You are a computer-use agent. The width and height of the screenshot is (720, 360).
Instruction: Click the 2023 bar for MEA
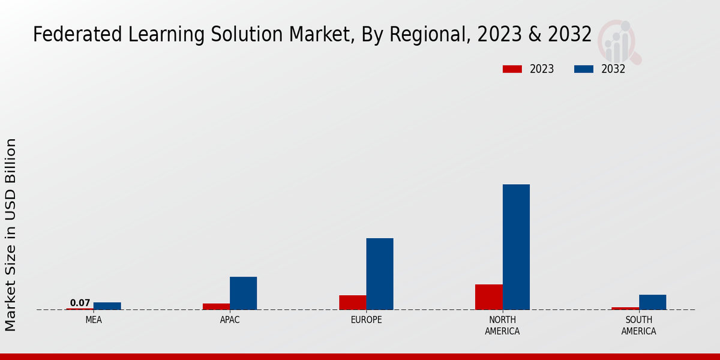80,309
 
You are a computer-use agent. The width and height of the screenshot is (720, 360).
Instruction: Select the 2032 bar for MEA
107,306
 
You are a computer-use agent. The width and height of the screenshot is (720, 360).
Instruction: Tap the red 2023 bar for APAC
216,307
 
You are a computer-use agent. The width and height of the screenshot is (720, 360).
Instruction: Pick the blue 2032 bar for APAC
243,293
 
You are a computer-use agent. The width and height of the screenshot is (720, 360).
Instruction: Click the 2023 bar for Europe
352,302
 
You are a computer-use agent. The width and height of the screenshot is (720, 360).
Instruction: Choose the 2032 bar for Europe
380,274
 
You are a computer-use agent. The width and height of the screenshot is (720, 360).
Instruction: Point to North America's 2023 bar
488,297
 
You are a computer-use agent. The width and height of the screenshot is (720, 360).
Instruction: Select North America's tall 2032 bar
516,247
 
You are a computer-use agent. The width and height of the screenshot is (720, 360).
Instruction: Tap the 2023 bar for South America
625,308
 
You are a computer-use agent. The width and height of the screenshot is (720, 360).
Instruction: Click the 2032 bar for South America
652,302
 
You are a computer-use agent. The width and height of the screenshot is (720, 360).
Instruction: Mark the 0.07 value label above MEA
80,303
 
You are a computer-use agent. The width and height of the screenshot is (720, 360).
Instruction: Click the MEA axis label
94,320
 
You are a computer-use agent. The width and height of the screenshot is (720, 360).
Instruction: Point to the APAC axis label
230,320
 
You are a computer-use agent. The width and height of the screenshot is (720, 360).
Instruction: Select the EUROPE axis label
366,320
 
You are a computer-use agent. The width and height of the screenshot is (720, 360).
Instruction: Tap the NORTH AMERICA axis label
502,325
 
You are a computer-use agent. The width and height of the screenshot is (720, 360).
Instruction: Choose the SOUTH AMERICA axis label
638,325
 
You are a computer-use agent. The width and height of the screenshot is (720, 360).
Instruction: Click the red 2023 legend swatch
512,69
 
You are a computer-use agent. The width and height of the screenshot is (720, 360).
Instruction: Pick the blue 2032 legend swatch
583,69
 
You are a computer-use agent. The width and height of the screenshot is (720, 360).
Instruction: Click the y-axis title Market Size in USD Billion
11,235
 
